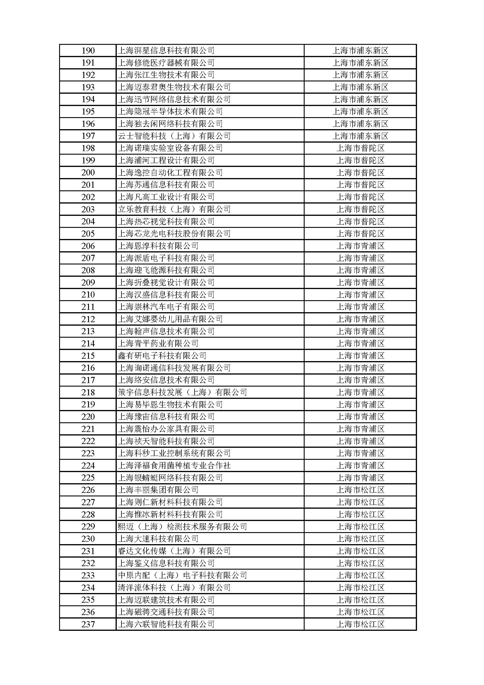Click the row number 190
click(88, 51)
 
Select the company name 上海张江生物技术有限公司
click(166, 75)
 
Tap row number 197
click(88, 136)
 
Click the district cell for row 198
click(360, 148)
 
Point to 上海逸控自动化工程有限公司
click(170, 173)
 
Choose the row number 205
click(88, 234)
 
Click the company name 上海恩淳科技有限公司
click(158, 246)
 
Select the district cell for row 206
click(360, 246)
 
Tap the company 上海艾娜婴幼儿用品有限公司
click(170, 319)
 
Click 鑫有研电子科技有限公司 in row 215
click(162, 356)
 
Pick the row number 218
click(88, 392)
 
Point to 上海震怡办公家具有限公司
click(166, 429)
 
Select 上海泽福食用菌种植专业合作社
click(174, 466)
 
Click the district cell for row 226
click(360, 490)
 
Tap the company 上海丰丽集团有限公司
click(158, 490)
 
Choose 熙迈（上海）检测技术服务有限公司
click(182, 527)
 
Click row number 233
click(88, 575)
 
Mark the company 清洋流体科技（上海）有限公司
click(174, 588)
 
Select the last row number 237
click(88, 624)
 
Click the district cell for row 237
click(360, 624)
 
